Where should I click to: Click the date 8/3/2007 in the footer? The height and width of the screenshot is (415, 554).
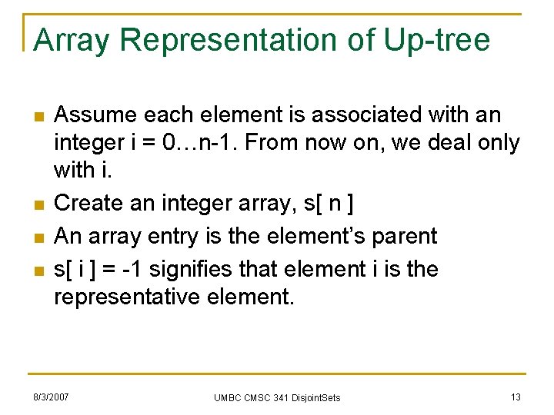tap(50, 397)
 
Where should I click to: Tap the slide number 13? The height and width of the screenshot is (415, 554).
tap(516, 397)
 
